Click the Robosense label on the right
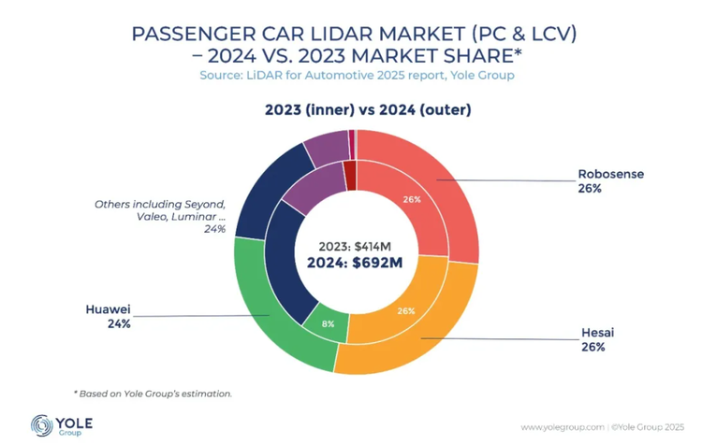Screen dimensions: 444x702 [x=610, y=174]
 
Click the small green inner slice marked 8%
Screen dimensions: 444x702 [x=326, y=324]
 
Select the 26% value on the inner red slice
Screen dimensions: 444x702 [x=412, y=199]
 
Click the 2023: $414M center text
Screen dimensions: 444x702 [x=355, y=246]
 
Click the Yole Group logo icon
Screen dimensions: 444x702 [x=42, y=424]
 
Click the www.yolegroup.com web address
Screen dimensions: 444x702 [x=563, y=426]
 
